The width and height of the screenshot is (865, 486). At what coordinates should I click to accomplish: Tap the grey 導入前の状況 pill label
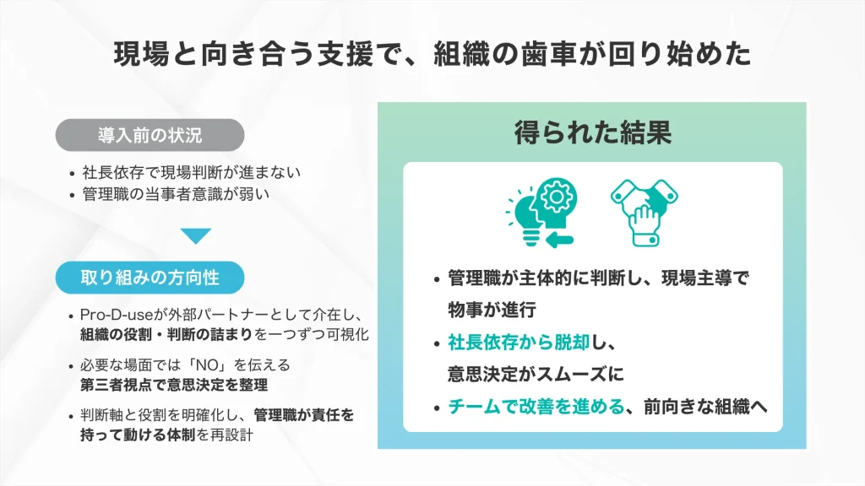coord(150,134)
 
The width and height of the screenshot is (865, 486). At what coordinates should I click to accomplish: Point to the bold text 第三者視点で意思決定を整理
coord(173,385)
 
